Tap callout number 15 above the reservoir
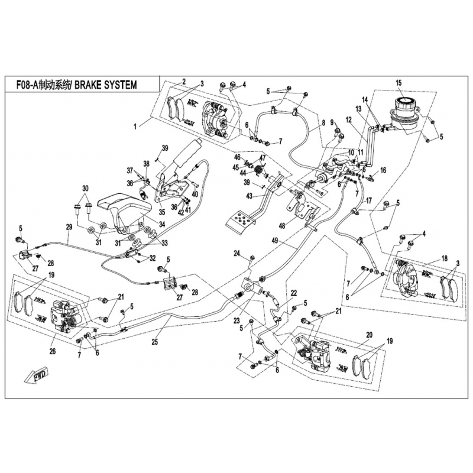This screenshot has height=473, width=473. (x=399, y=82)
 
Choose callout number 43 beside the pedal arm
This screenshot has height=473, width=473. (x=250, y=196)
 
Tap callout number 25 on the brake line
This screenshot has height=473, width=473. (x=155, y=342)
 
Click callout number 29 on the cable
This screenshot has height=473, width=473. (x=69, y=227)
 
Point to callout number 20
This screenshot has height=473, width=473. (x=369, y=335)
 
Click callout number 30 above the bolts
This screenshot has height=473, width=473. (x=86, y=188)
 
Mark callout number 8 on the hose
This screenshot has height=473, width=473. (x=323, y=124)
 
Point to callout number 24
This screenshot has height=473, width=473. (x=236, y=254)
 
